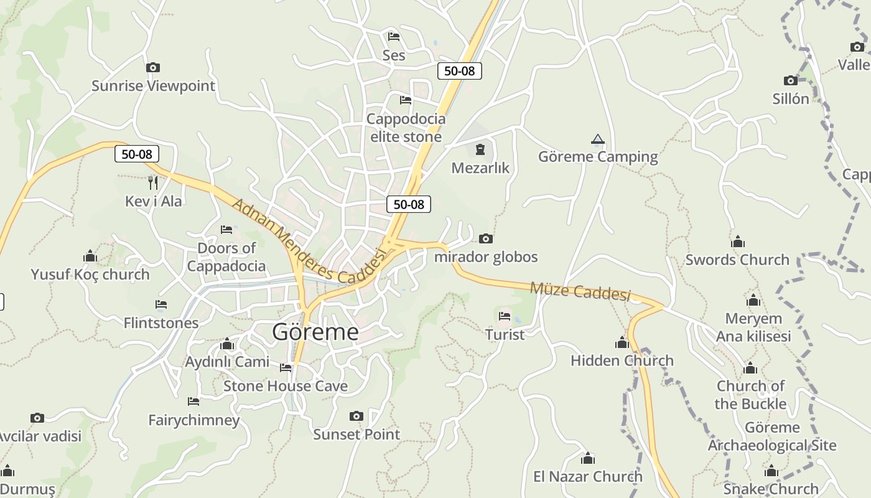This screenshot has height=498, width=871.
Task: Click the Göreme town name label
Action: [x=315, y=332]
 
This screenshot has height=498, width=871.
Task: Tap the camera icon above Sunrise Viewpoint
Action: [x=153, y=67]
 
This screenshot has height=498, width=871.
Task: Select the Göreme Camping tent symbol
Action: [x=598, y=139]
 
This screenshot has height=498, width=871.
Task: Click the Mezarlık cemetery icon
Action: [x=480, y=149]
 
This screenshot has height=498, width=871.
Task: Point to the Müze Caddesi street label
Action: [x=580, y=291]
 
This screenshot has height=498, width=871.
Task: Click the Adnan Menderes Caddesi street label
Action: [x=309, y=240]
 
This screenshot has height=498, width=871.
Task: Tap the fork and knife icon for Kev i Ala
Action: [x=153, y=182]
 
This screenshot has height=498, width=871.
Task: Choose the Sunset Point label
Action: [x=356, y=435]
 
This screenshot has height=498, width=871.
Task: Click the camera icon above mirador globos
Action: [x=486, y=238]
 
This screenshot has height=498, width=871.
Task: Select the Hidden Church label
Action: [x=622, y=360]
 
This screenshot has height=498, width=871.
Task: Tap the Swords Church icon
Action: [x=738, y=242]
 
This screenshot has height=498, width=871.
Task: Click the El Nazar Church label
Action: [x=588, y=477]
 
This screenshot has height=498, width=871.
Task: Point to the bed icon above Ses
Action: [x=393, y=37]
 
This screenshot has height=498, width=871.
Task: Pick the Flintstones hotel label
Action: [x=161, y=323]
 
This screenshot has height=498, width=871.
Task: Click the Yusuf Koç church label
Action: [x=90, y=275]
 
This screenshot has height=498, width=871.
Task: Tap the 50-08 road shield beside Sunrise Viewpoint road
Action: [x=137, y=154]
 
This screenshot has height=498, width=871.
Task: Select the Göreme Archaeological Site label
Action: [x=772, y=436]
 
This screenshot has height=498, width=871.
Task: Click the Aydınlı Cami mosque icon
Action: [x=227, y=344]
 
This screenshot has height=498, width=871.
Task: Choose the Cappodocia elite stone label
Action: [x=406, y=128]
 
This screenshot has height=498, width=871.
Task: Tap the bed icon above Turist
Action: [x=505, y=316]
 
